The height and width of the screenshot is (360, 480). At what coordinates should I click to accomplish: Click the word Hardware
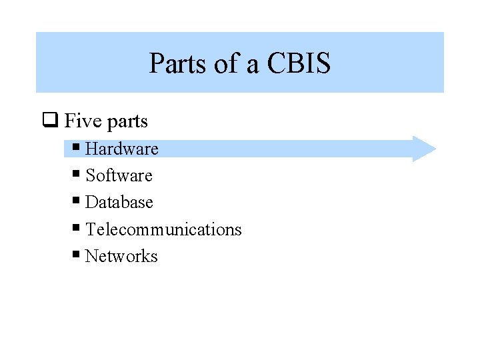(x=122, y=149)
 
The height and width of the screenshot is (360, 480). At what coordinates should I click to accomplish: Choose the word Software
(x=119, y=175)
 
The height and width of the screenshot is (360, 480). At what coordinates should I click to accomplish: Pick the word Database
(x=119, y=202)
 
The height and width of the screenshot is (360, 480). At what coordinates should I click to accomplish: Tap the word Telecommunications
(x=163, y=229)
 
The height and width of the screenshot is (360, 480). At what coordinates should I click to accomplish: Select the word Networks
(x=121, y=256)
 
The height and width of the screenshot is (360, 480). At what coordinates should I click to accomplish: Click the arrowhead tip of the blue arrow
(x=434, y=149)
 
